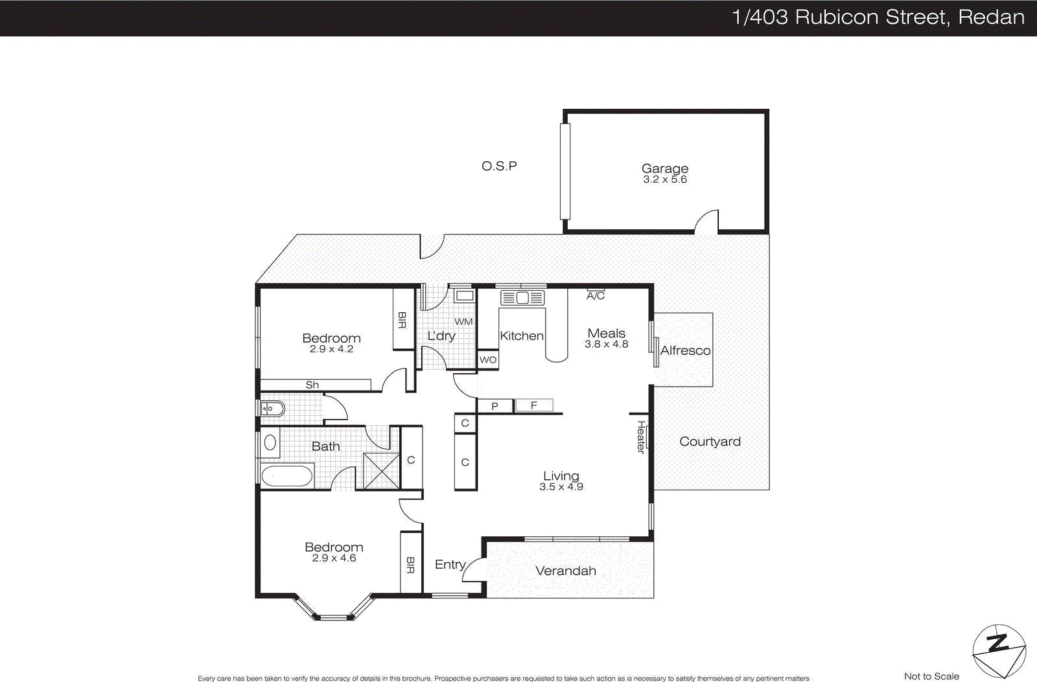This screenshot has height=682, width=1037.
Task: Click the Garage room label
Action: tap(664, 169)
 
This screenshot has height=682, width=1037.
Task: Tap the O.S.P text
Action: tap(499, 166)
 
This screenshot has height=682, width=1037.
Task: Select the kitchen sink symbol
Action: tap(522, 298)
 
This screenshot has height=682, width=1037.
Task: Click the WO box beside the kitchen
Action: tap(488, 360)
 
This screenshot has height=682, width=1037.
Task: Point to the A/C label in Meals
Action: tap(596, 296)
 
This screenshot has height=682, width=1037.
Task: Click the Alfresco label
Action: tap(685, 350)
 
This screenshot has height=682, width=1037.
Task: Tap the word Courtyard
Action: tap(710, 442)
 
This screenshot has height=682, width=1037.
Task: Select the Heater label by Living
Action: tap(641, 437)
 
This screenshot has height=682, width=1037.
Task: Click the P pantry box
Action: tap(495, 406)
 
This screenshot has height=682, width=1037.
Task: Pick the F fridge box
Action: tap(533, 405)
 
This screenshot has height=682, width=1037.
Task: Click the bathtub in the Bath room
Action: tap(286, 477)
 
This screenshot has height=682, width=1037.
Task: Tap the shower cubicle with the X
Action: tap(381, 471)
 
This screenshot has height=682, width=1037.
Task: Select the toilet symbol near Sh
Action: tap(273, 409)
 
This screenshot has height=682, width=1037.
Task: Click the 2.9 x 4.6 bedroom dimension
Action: tap(334, 558)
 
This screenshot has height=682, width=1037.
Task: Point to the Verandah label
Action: tap(566, 571)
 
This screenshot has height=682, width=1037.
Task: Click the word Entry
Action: tap(450, 565)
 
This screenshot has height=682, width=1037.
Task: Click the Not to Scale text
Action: tap(931, 676)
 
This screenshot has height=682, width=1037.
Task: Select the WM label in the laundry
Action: tap(463, 322)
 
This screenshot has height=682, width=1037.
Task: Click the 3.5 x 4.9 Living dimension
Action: tap(561, 487)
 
